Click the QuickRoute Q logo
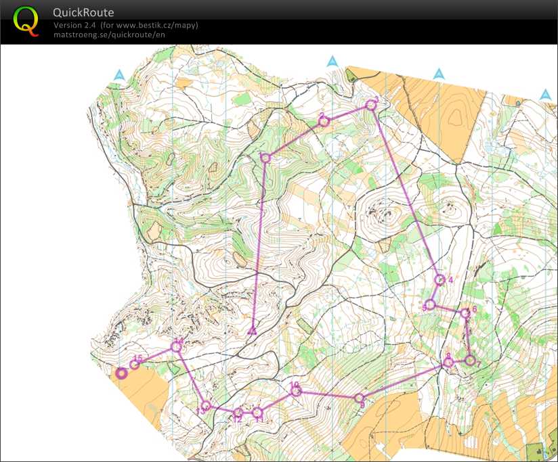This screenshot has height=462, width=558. tap(26, 20)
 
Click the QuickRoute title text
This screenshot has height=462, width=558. tap(83, 13)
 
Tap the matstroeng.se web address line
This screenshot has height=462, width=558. tap(108, 34)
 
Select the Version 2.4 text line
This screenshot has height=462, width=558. tap(125, 26)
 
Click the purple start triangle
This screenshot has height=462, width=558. tap(252, 330)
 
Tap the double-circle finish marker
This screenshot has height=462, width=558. tap(122, 373)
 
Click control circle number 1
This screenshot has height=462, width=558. tap(265, 158)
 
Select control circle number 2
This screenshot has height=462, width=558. tap(324, 121)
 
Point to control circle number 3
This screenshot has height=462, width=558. tap(371, 104)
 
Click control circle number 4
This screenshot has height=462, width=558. tap(439, 279)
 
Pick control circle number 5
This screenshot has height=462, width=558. tap(430, 304)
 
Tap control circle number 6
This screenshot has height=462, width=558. tap(465, 313)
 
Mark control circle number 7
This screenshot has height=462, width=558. tap(470, 360)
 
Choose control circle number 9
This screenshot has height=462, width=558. tap(360, 398)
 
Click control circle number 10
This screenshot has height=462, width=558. tap(295, 390)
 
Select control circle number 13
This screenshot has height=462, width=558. tap(206, 406)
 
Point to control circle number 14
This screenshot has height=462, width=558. tap(176, 346)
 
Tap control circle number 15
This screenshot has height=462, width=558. tap(134, 365)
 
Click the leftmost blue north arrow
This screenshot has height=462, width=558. tap(119, 75)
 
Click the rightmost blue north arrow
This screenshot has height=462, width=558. tap(545, 95)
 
